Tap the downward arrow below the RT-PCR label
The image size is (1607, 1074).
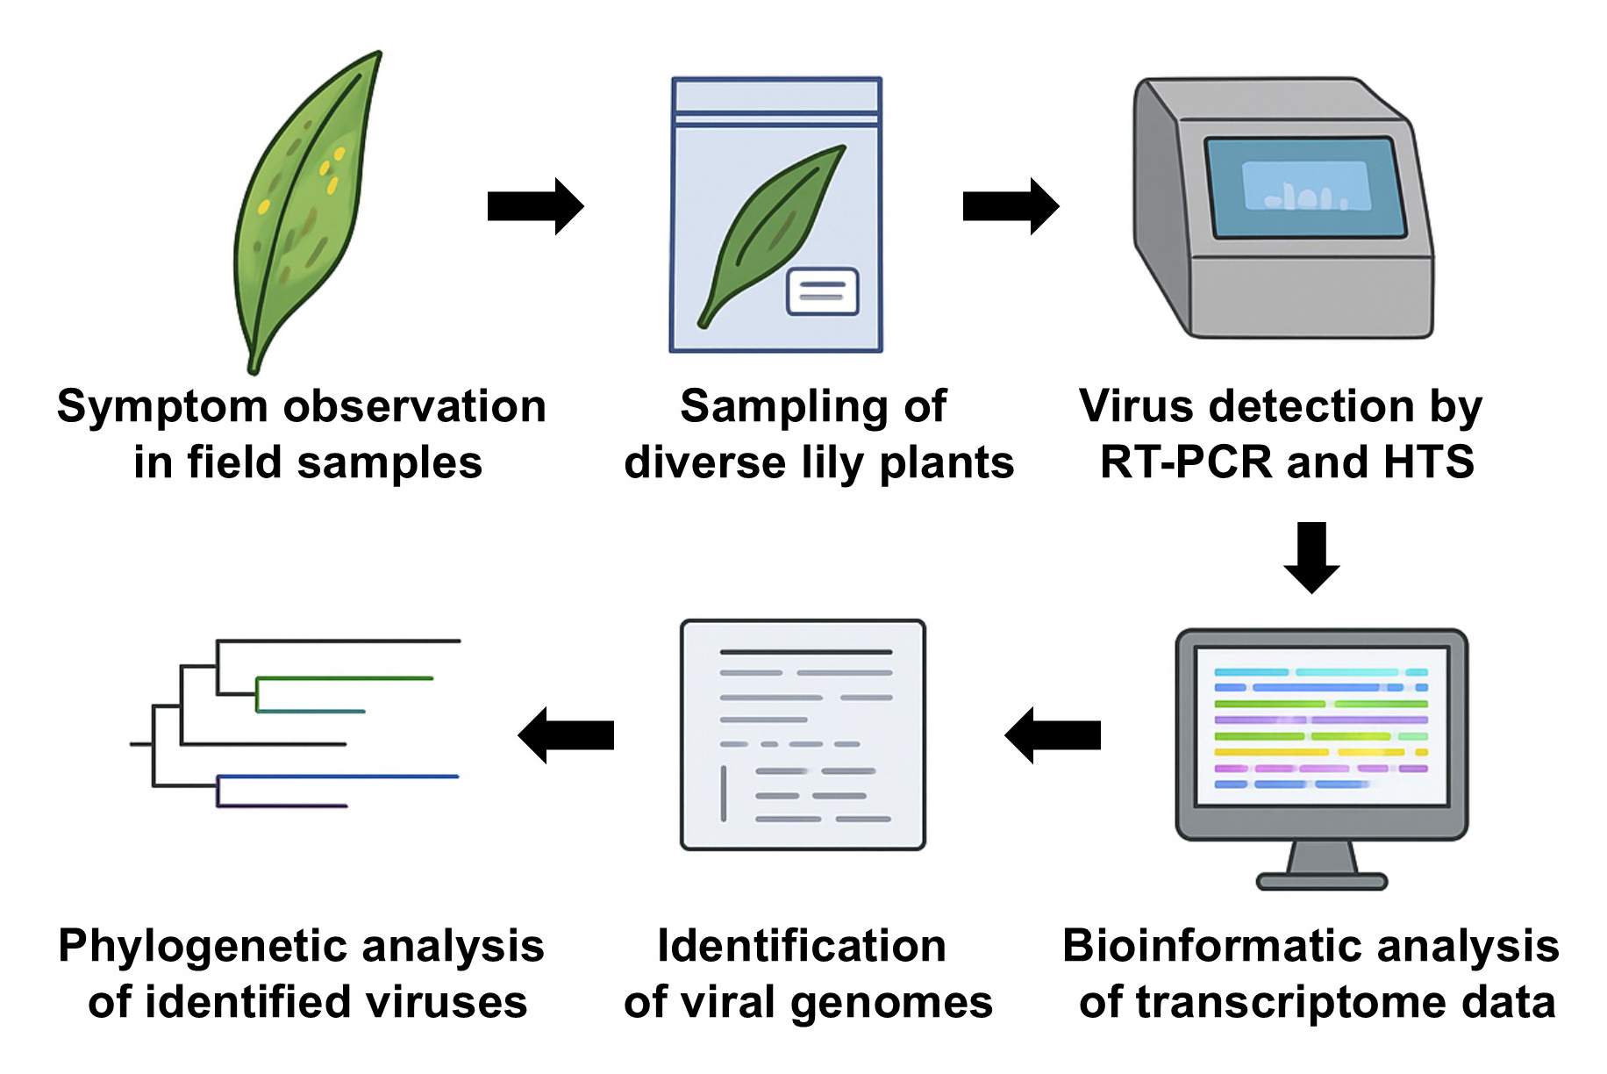1311,558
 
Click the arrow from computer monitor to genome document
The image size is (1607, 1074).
1052,735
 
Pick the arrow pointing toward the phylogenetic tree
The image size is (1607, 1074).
566,735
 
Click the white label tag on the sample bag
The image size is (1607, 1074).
822,291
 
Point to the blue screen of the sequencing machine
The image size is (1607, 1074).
1305,187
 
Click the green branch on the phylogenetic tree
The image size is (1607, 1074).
344,678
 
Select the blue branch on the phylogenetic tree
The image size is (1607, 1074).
338,777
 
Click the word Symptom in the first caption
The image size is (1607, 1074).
162,407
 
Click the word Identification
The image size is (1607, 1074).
802,947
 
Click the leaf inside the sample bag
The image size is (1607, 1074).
772,233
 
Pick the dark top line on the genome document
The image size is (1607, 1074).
805,652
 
